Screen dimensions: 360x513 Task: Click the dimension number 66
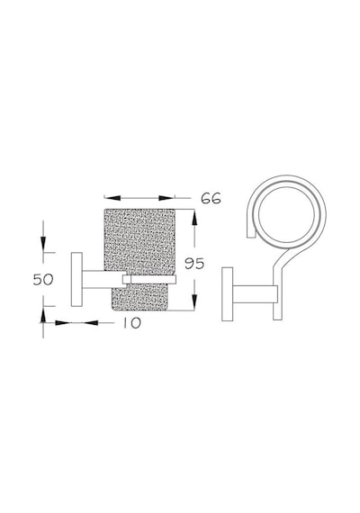click(x=211, y=198)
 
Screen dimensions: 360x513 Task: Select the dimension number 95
click(x=194, y=264)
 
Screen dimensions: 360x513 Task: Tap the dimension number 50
click(x=43, y=279)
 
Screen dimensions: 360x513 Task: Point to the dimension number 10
click(x=132, y=323)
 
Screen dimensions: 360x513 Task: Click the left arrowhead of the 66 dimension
click(x=112, y=198)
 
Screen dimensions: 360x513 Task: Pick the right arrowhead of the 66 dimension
click(x=166, y=198)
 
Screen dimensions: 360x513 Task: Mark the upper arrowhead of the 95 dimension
click(x=194, y=217)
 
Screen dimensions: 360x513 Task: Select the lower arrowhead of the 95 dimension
click(x=194, y=302)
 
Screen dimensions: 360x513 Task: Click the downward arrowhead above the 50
click(x=43, y=245)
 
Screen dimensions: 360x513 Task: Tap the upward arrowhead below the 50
click(x=43, y=315)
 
